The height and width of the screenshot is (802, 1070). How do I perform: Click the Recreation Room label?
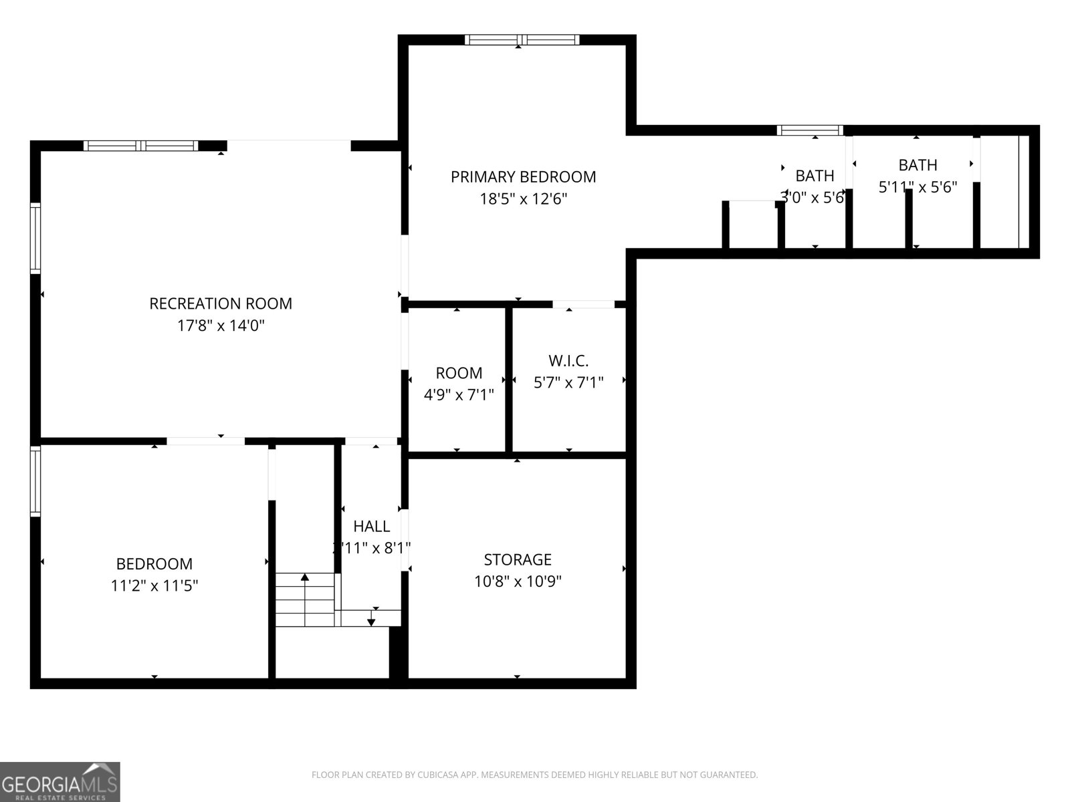221,303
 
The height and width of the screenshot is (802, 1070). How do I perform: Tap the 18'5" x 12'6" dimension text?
524,199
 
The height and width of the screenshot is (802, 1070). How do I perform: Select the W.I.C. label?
568,361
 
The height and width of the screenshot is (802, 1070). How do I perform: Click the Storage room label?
518,559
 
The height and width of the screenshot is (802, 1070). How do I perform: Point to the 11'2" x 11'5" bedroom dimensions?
154,586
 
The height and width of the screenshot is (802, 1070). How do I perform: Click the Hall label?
372,526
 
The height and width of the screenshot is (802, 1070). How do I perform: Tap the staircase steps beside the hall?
305,601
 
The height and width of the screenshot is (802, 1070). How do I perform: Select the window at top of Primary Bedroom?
522,40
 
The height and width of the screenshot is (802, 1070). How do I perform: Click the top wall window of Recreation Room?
141,146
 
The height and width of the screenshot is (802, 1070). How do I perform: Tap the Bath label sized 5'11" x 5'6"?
918,164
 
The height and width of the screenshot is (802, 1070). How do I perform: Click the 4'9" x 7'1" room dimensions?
459,395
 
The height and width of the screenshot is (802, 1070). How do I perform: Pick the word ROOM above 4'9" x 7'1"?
459,373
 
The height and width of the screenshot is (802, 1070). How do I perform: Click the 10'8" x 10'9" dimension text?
518,581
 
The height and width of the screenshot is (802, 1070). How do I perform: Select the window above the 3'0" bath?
810,130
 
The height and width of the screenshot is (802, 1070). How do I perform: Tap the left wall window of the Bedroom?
35,481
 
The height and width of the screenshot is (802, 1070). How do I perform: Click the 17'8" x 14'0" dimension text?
221,326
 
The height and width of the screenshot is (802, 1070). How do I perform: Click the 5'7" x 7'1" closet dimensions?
568,383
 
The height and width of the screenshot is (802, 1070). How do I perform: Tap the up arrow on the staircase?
305,577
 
